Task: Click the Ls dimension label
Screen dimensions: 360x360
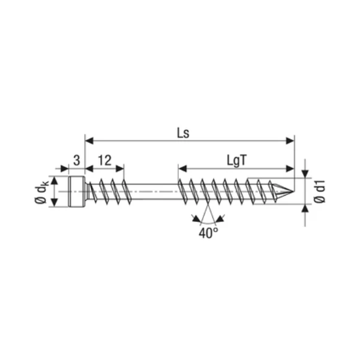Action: point(183,133)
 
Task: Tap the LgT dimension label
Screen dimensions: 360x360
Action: point(236,160)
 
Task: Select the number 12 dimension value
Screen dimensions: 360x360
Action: point(104,160)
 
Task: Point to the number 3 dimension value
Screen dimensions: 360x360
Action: point(77,160)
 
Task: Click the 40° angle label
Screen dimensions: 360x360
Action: point(208,233)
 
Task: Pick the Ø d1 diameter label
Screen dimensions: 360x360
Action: point(319,191)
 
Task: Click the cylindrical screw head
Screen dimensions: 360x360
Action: point(77,191)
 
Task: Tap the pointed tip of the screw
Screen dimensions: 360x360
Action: point(293,191)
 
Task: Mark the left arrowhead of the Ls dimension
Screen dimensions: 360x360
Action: point(89,141)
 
